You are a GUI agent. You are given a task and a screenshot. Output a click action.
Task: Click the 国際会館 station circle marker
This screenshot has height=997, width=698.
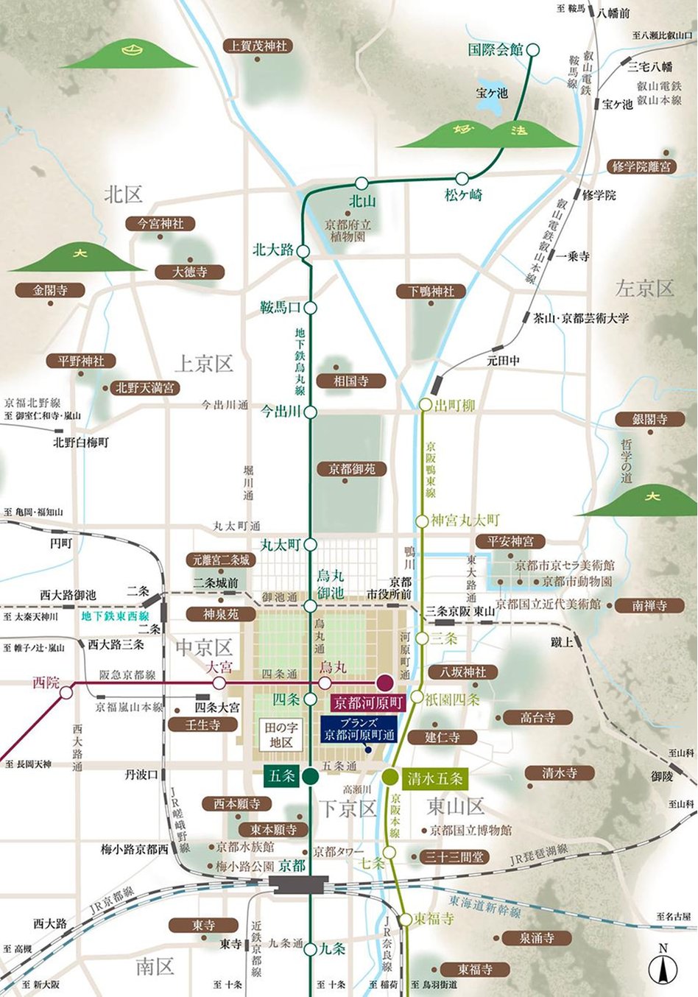pos(533,50)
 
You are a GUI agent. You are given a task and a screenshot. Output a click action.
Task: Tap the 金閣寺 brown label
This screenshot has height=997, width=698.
pos(50,290)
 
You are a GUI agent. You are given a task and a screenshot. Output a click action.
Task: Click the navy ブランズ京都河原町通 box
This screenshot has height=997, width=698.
pos(359,729)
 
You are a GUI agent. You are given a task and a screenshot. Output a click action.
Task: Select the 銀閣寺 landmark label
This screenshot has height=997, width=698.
pos(649,419)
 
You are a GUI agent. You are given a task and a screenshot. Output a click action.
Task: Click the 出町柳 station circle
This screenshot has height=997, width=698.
pos(425,405)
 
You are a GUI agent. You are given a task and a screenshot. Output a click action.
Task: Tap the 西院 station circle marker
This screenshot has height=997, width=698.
pos(67,692)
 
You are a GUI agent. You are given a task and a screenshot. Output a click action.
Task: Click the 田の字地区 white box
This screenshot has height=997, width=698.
pos(281,735)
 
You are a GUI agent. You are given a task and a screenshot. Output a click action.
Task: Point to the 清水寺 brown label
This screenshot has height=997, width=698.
pos(559,773)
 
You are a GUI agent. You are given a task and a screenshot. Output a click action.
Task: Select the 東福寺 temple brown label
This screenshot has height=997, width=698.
pos(475,969)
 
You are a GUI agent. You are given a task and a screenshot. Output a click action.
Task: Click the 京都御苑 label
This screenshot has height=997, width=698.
pos(352,468)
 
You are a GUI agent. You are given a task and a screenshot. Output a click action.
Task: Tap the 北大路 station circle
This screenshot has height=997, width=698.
pos(303,251)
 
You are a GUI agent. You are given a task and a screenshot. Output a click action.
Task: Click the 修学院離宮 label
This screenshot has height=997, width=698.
pos(641,166)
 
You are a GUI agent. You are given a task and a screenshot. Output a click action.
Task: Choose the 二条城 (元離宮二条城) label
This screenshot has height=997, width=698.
pos(222,560)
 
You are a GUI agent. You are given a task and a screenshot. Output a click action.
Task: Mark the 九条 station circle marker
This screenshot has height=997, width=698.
pos(311,949)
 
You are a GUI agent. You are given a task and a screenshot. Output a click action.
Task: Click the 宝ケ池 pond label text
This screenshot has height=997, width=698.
pos(492,93)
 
